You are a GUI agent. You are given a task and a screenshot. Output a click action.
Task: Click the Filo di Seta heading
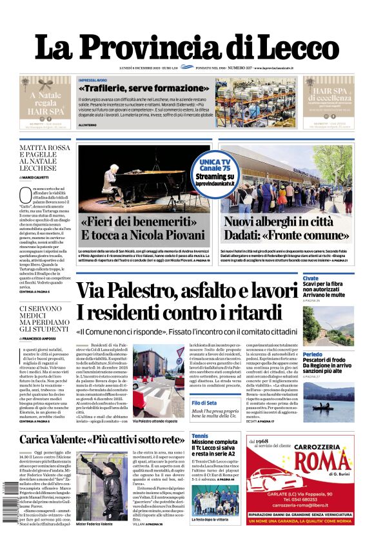coord(204,403)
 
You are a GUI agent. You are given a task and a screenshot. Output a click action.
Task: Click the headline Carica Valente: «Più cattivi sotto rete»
coord(102,439)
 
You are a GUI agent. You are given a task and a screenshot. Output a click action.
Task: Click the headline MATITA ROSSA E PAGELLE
coord(45,157)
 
